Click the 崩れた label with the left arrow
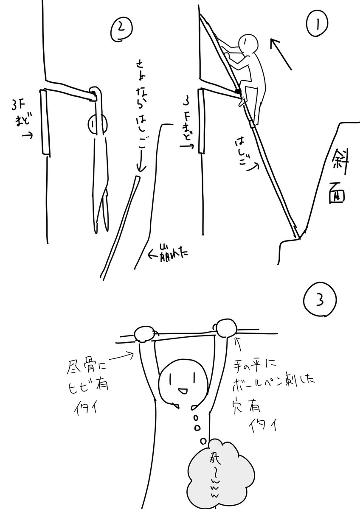(x=167, y=253)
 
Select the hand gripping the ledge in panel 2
(x=95, y=94)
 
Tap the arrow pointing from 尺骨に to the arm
(x=123, y=355)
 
